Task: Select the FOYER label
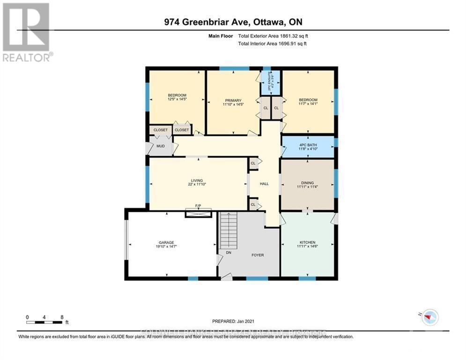pyautogui.click(x=257, y=255)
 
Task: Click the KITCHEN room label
pyautogui.click(x=307, y=242)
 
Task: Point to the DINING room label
pyautogui.click(x=307, y=183)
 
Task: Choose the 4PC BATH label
pyautogui.click(x=307, y=145)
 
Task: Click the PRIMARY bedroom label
pyautogui.click(x=233, y=100)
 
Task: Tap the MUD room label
pyautogui.click(x=161, y=146)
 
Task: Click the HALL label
pyautogui.click(x=264, y=184)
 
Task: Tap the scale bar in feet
pyautogui.click(x=44, y=322)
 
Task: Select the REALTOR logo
pyautogui.click(x=27, y=32)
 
